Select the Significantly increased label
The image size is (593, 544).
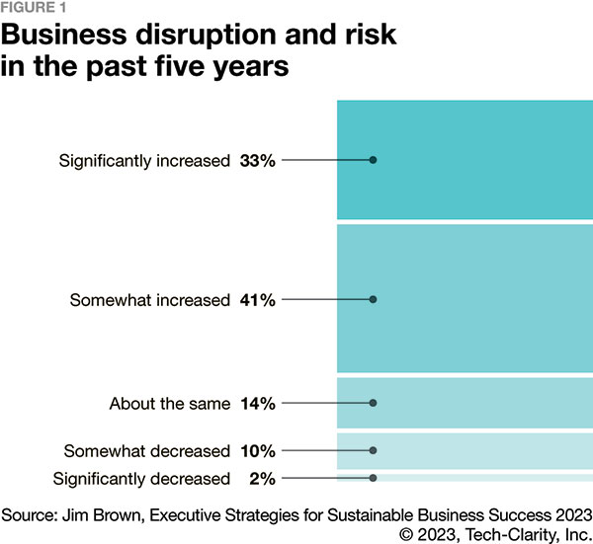click(143, 160)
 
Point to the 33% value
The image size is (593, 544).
click(257, 160)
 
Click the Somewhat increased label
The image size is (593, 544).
click(149, 300)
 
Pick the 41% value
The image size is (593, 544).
click(257, 300)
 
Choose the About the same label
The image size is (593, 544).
click(169, 403)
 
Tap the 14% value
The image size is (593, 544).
click(257, 403)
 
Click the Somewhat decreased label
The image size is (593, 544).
click(146, 451)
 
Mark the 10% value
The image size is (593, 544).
click(257, 451)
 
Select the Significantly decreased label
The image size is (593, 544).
click(141, 479)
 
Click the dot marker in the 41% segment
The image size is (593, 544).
click(374, 300)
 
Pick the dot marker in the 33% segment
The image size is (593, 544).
click(374, 160)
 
